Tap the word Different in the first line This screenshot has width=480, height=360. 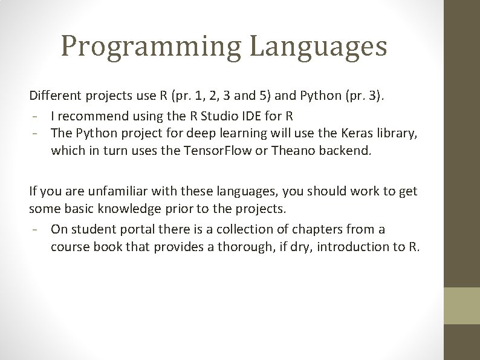tap(55, 96)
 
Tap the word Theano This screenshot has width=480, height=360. tap(292, 149)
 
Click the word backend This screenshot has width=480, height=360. tap(345, 149)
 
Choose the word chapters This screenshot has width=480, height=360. tap(317, 229)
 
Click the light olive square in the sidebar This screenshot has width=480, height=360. tap(462, 306)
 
